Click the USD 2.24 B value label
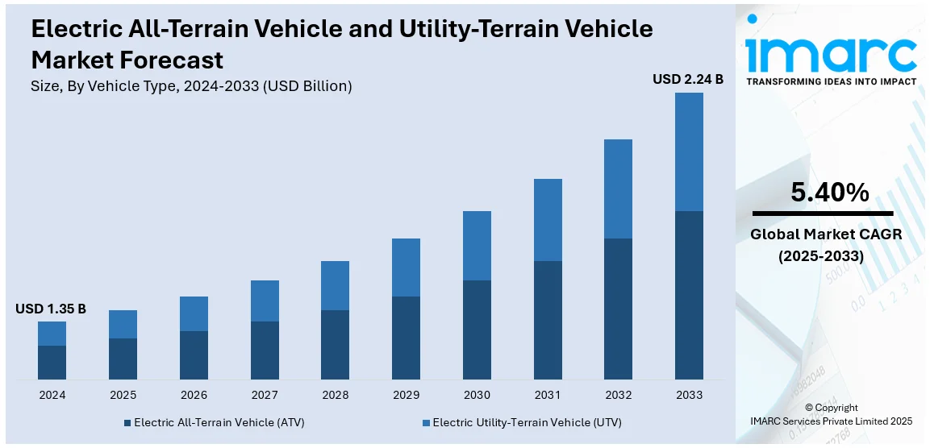pos(688,79)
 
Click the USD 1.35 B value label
pos(51,309)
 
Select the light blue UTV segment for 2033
pos(689,151)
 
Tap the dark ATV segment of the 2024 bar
pos(52,363)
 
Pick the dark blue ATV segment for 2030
pos(477,330)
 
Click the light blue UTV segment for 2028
pos(335,285)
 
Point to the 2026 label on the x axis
pos(194,395)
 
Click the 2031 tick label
pos(548,395)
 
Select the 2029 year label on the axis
pos(406,395)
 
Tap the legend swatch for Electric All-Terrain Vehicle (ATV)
pos(127,422)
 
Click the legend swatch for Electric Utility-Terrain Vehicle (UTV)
pos(426,422)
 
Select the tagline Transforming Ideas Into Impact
pos(831,81)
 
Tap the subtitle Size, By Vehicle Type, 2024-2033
pos(191,85)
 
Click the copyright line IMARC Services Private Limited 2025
pos(831,421)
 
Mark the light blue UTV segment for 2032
pos(618,189)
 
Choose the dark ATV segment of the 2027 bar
pos(265,351)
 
